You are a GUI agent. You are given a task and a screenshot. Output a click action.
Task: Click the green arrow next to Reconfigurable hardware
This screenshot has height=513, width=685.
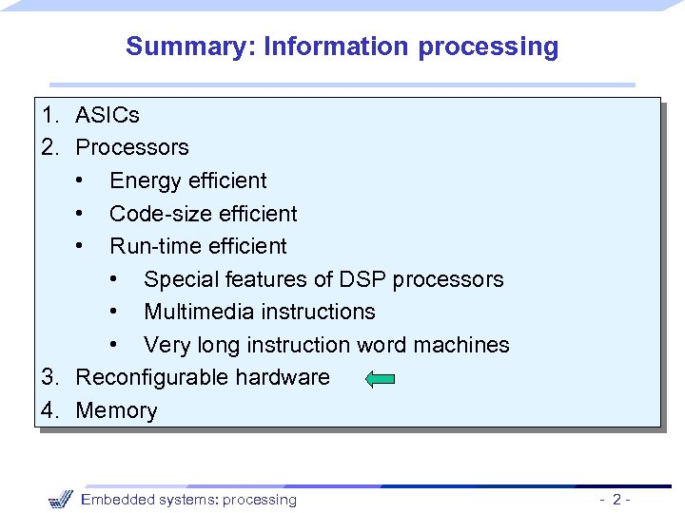tap(380, 379)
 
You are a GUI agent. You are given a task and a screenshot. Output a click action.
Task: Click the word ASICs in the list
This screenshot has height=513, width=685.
tap(108, 115)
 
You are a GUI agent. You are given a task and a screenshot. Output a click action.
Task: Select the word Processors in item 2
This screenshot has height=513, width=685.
tap(132, 147)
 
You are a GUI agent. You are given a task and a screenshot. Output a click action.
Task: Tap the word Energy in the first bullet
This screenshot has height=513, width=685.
tap(142, 180)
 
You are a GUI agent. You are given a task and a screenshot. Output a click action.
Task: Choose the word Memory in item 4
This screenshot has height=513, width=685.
tap(116, 410)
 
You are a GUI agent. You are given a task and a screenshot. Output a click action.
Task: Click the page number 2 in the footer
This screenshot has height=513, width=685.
tap(617, 500)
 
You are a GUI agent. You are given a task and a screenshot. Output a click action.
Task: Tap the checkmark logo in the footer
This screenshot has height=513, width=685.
tap(59, 499)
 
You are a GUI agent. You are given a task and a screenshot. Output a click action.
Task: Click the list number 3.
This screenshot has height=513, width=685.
tap(48, 377)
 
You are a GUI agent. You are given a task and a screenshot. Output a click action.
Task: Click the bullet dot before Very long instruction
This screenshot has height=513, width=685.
tap(114, 345)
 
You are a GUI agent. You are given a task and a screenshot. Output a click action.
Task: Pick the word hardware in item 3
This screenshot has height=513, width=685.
tap(283, 377)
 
